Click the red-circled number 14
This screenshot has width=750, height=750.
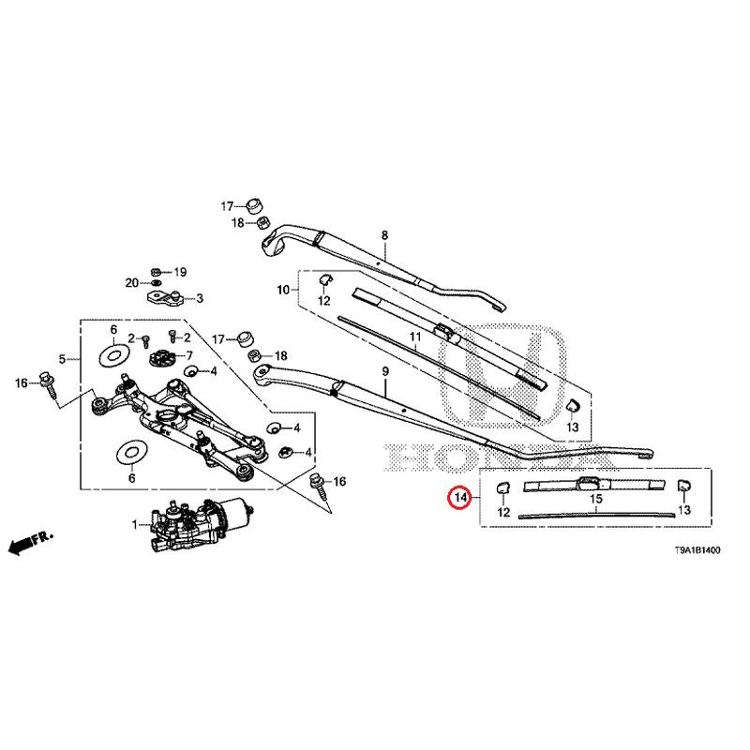[458, 499]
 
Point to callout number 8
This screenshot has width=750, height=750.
[383, 234]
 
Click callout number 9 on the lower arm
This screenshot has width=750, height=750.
[383, 373]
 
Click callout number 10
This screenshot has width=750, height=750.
[283, 290]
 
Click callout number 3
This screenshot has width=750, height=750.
[199, 300]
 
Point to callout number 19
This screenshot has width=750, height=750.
[180, 272]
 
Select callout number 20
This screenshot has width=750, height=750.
[132, 282]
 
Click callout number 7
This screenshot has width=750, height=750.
[187, 356]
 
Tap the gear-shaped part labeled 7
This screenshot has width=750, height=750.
[162, 358]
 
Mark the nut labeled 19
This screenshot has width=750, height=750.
[157, 271]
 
